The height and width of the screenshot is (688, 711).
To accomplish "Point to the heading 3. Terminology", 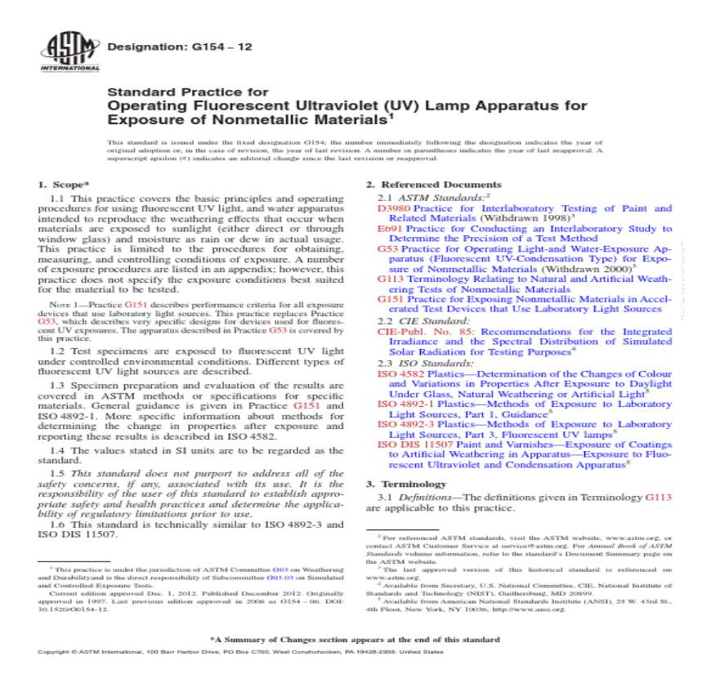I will (405, 484).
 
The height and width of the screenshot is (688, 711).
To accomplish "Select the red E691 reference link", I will (389, 230).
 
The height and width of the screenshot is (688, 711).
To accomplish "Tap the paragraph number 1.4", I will (57, 450).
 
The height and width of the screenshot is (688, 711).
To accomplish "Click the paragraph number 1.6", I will (57, 525).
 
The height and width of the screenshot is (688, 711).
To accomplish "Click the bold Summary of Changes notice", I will (355, 639).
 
